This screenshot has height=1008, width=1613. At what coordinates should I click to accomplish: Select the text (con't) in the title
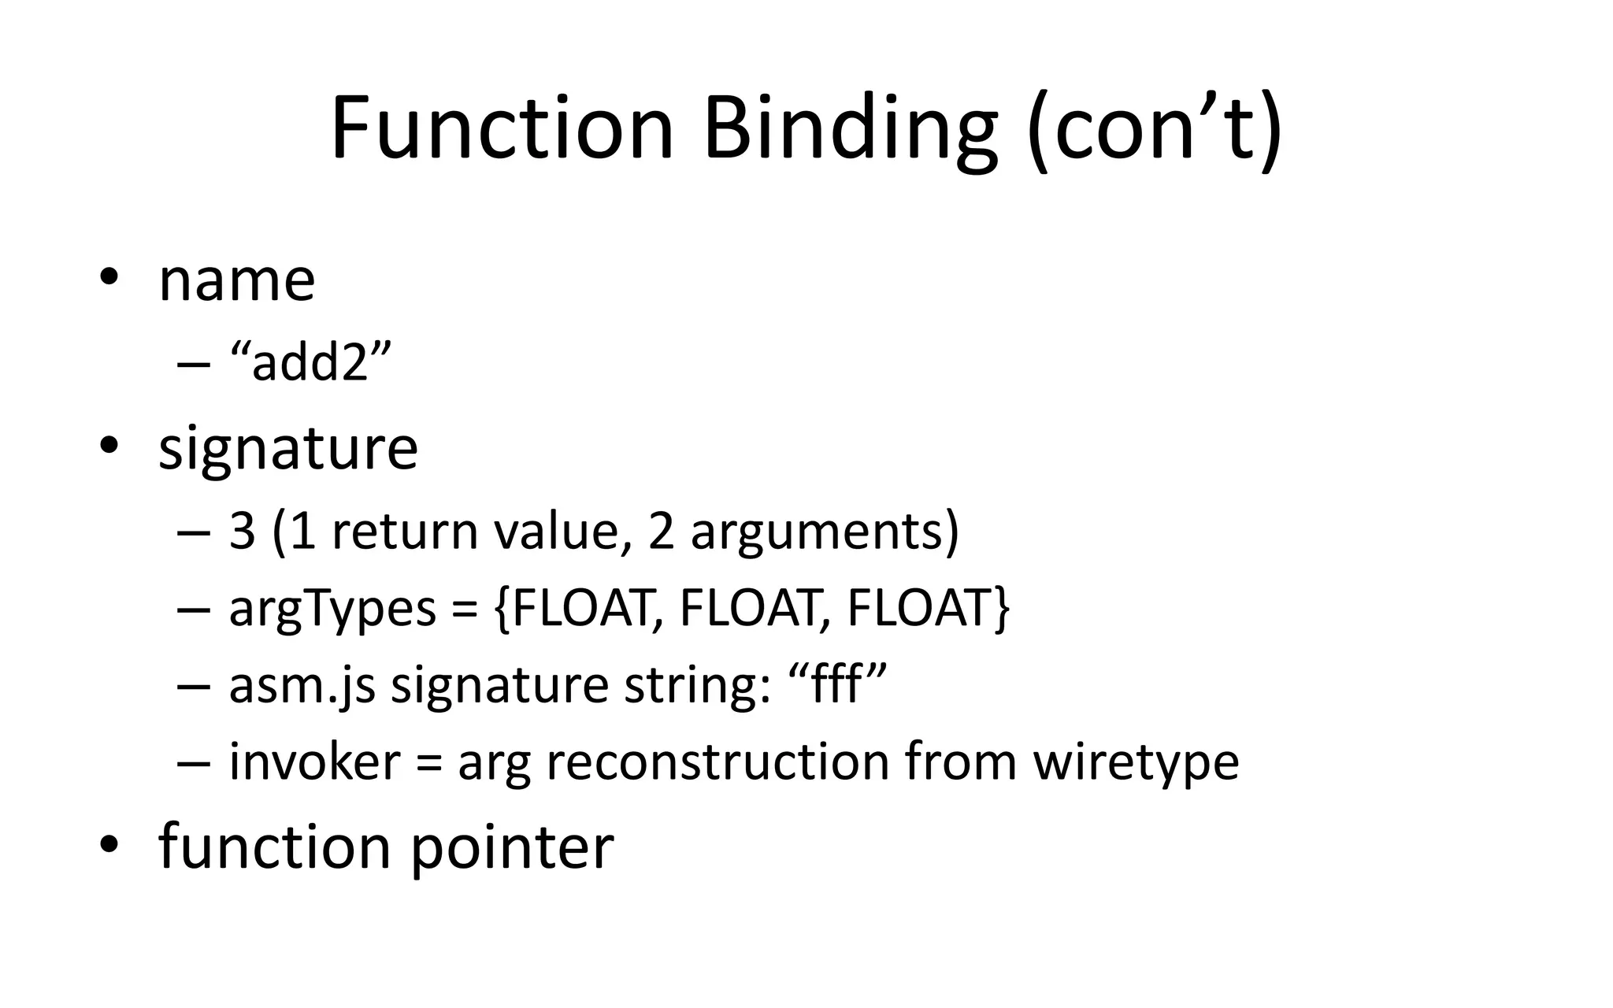pos(1155,128)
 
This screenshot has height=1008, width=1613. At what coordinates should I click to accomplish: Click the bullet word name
pos(236,280)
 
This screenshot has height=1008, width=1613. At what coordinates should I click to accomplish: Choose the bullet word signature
pos(288,449)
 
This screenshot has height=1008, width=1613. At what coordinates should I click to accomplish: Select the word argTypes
pos(332,608)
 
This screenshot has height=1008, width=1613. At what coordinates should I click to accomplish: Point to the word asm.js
pos(302,685)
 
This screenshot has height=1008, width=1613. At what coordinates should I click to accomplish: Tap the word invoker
pos(314,762)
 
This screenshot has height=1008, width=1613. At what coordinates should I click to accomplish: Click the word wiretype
pos(1136,762)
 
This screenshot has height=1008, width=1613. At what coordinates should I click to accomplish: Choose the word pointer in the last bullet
pos(512,847)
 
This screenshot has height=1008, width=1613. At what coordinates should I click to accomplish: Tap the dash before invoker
pos(194,762)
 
